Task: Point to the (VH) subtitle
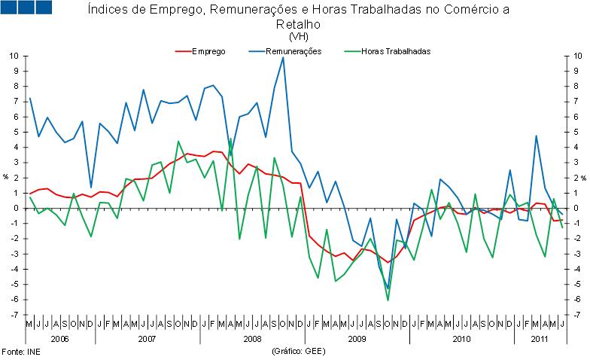coord(298,35)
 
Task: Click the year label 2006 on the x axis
coord(60,339)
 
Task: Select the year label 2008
coord(252,339)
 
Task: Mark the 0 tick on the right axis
coord(576,209)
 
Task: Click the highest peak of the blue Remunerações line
coord(283,58)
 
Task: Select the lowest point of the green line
coord(388,300)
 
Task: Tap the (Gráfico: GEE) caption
coord(297,351)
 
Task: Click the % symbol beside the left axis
coord(5,178)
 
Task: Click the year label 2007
coord(147,339)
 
